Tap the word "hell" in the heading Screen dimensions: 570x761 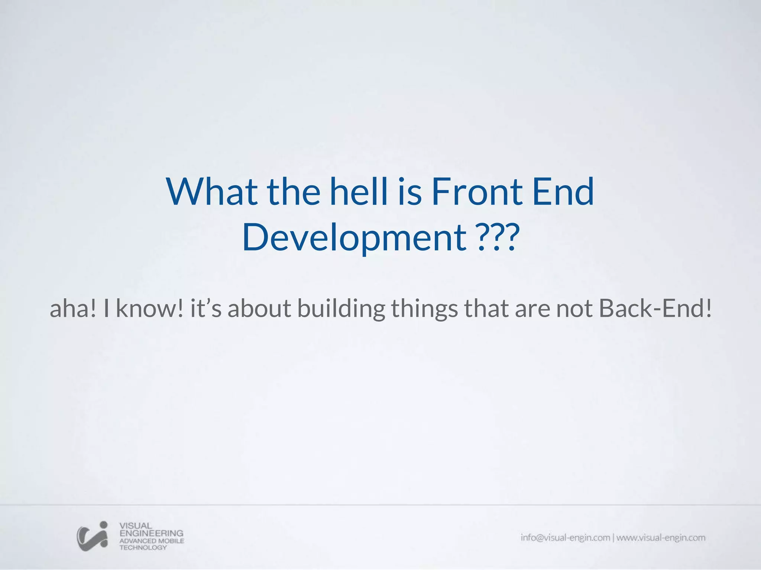point(359,192)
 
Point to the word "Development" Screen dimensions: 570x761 point(354,237)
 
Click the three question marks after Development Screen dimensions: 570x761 point(498,237)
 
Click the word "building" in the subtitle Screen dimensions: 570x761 point(341,308)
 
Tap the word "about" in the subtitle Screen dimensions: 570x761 point(259,308)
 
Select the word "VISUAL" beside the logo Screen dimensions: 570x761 point(136,526)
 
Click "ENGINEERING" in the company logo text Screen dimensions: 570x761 point(151,533)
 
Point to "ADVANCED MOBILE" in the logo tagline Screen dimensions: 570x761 point(152,541)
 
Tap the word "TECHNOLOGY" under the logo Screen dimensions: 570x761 point(143,548)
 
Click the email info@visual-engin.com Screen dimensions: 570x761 point(565,538)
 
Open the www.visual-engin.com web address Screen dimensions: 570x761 point(661,538)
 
